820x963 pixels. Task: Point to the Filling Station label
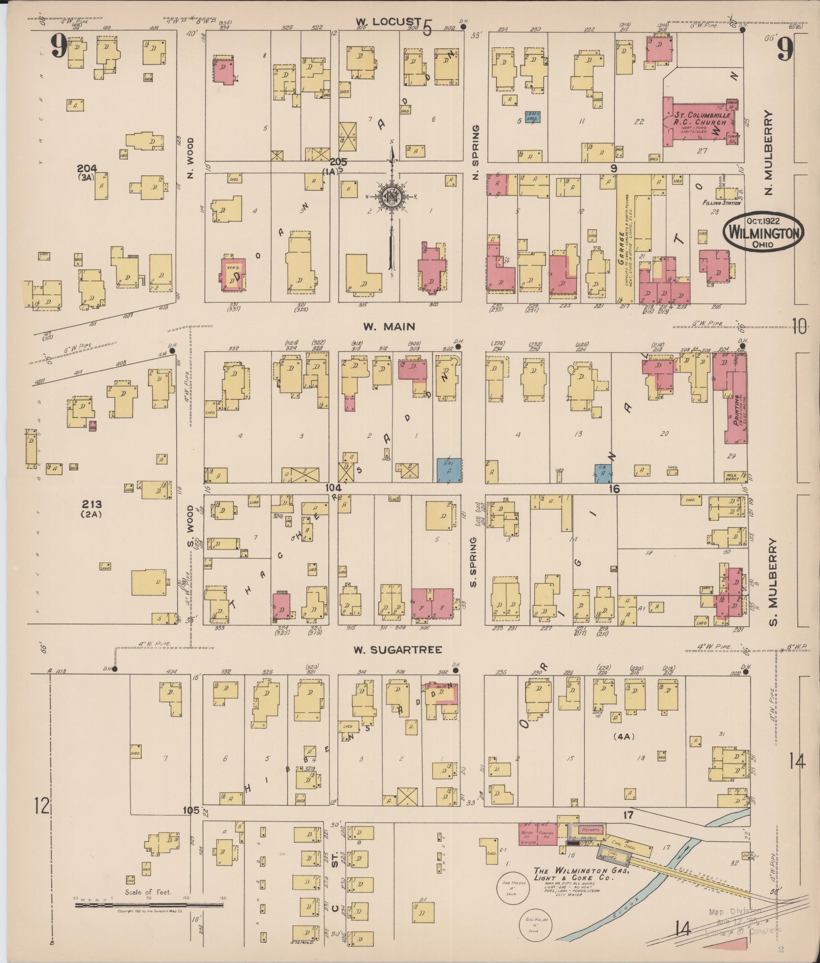(x=719, y=203)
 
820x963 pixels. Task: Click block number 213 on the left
(x=92, y=504)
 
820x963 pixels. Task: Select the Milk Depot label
(x=731, y=477)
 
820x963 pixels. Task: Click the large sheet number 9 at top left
(x=59, y=48)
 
